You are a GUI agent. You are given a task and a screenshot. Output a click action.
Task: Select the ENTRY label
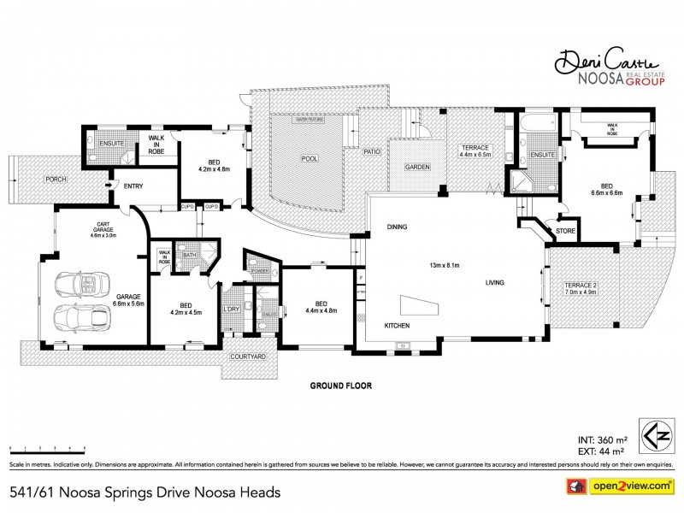pos(133,186)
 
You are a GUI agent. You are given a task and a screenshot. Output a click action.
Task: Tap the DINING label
pos(396,227)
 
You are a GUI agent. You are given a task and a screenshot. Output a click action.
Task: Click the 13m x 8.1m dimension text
pos(445,265)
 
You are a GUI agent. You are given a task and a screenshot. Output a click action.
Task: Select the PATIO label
pos(371,151)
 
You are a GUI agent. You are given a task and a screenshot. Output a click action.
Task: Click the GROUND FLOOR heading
pos(339,386)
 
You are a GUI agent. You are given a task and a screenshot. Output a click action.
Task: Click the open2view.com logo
pos(622,486)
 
